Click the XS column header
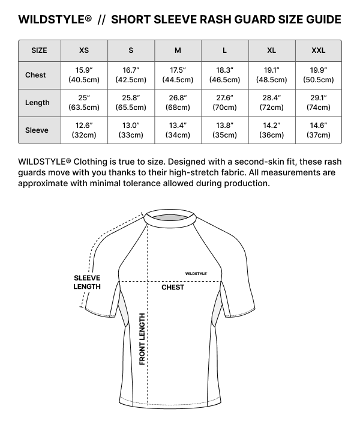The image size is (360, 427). point(84,50)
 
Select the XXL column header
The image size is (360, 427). point(319,50)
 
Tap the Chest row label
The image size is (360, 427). point(36,75)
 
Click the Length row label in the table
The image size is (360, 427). point(37,103)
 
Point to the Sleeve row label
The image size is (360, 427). point(37,130)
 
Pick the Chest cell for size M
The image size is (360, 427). point(178,75)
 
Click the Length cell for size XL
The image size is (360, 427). point(271,103)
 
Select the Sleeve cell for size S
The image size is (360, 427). point(131,130)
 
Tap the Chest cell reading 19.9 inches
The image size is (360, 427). point(319,75)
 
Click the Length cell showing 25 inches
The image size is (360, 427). point(84,103)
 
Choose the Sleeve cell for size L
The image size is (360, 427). point(224,130)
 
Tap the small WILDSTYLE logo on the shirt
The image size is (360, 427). point(196,273)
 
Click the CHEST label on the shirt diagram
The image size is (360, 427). point(173,288)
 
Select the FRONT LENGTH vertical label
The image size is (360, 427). point(142,339)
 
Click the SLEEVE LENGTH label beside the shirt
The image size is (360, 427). point(87,282)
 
